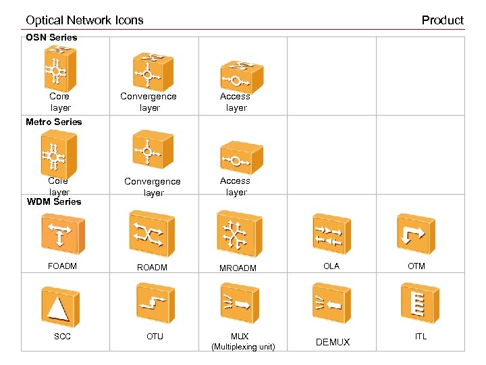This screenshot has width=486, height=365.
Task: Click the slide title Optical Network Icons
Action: [84, 20]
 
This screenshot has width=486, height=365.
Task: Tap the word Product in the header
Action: [442, 20]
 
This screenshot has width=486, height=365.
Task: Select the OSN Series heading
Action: [51, 37]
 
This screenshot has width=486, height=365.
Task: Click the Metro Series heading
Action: [53, 122]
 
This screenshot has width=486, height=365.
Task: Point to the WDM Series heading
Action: [53, 201]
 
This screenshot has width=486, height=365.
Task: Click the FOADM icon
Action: [62, 234]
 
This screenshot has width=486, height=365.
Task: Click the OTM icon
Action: [416, 234]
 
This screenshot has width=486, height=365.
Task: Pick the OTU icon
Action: [155, 303]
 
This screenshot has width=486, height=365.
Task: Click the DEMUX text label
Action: [333, 342]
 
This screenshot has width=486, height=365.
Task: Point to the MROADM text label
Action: [238, 268]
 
